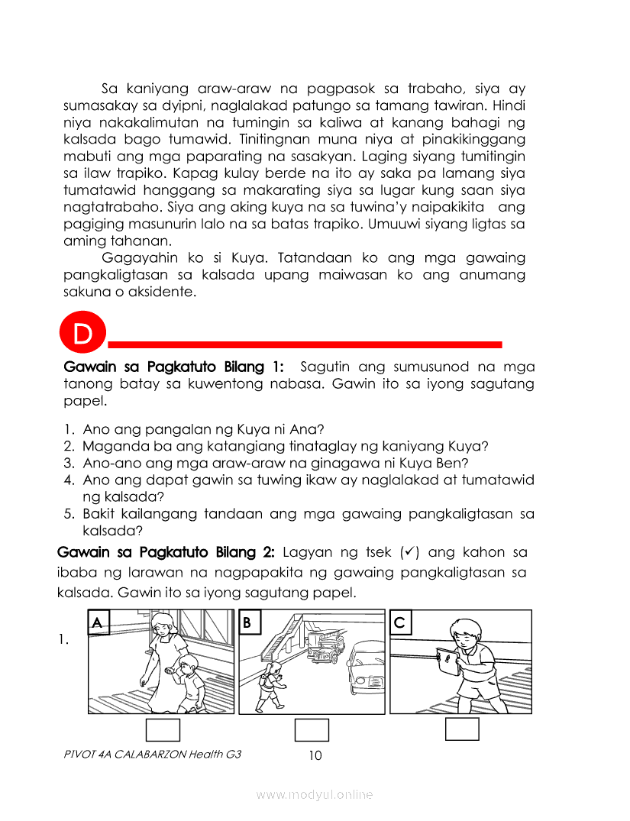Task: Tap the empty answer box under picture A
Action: (x=163, y=730)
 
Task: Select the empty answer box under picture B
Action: (x=312, y=730)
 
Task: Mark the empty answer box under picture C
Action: (x=462, y=729)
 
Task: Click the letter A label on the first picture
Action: (x=97, y=623)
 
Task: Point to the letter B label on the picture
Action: (x=248, y=623)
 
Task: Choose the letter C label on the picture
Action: (x=400, y=623)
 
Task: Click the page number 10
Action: (x=315, y=756)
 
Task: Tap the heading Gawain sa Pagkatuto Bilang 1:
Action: (x=173, y=367)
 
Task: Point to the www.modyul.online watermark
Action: (x=315, y=795)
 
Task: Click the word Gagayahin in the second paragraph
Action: (x=134, y=257)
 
